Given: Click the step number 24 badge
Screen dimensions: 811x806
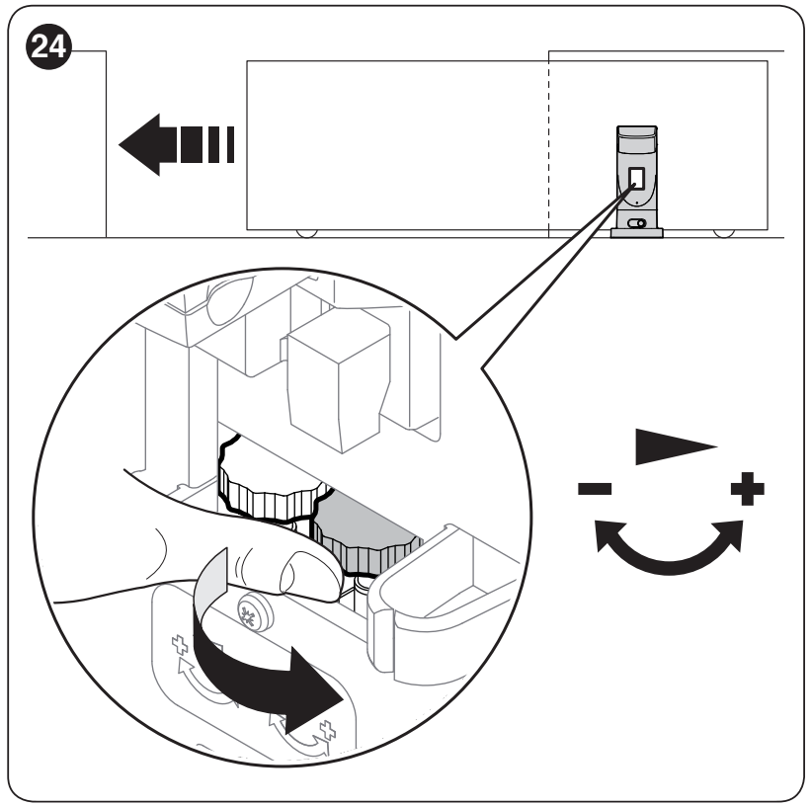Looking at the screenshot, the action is (48, 46).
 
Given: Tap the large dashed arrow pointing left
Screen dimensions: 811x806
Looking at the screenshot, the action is (177, 145).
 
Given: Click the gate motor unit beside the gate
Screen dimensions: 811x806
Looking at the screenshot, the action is (637, 182).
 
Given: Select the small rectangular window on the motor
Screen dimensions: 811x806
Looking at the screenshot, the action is (637, 179).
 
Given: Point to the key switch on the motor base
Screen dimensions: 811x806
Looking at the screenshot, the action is (637, 223).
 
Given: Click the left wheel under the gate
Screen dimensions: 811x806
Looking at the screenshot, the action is (306, 233).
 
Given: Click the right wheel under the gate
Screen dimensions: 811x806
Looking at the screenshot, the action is (724, 233).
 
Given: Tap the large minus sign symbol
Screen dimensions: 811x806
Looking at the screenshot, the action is (595, 488).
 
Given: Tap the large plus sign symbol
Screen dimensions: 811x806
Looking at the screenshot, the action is (748, 488).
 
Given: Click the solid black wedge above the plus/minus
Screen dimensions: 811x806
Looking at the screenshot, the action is (673, 445).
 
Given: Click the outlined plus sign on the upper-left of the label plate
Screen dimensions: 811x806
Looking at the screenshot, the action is (180, 645).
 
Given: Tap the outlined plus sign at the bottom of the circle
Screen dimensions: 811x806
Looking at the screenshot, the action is (327, 730).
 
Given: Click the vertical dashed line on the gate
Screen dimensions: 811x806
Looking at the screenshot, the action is (549, 145).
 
